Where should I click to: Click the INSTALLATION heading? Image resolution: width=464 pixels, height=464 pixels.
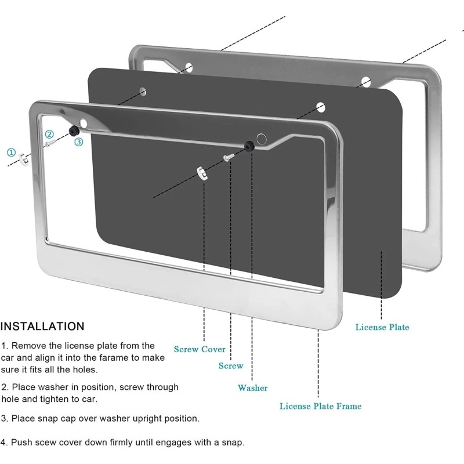coord(42,326)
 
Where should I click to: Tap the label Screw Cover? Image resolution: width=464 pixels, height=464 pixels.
coord(200,349)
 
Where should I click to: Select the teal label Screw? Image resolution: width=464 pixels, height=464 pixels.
coord(231,365)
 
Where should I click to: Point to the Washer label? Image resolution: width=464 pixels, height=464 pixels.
coord(253,387)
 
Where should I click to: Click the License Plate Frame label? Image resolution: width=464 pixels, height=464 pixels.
coord(320,406)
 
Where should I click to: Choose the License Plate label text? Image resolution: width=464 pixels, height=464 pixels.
coord(382,327)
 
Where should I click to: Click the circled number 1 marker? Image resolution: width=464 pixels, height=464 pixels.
coord(11,153)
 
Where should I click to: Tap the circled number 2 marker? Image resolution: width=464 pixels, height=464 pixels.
coord(50,134)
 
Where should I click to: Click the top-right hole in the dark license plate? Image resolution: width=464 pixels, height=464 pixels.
coord(320,107)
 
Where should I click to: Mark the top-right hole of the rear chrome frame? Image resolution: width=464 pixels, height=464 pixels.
coord(365,81)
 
